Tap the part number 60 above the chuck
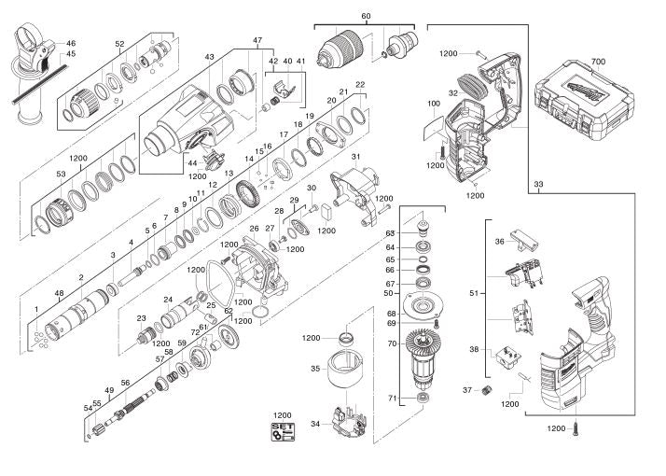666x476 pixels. click(366, 16)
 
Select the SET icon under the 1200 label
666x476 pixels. click(283, 432)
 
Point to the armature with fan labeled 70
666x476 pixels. click(423, 360)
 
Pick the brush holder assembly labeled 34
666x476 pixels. click(348, 423)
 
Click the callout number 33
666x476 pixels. click(538, 185)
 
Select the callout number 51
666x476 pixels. click(474, 293)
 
